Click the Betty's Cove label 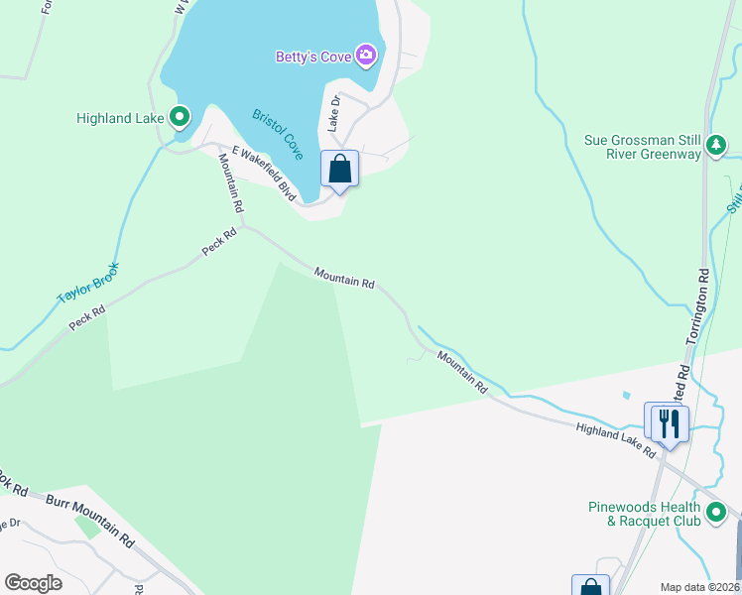click(x=313, y=57)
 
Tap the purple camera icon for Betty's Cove click(x=366, y=56)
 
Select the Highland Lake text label click(x=120, y=118)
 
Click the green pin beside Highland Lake click(x=180, y=118)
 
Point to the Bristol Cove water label click(x=278, y=135)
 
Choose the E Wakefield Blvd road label click(x=265, y=174)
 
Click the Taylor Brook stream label click(x=88, y=283)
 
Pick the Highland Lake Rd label click(x=616, y=439)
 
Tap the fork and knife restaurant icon click(x=667, y=423)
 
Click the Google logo click(x=33, y=583)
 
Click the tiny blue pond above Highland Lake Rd click(x=627, y=395)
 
